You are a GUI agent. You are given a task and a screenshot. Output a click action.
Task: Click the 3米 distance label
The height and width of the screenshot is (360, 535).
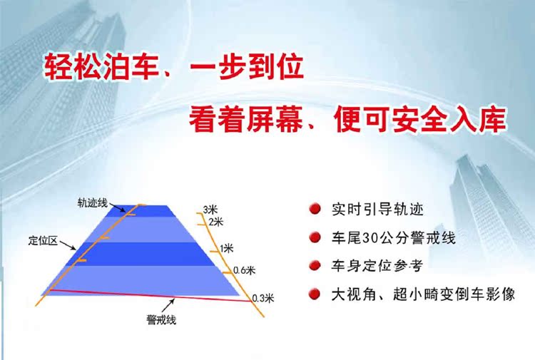210,210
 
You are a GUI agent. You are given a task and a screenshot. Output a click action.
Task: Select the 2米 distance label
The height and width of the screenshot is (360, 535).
215,222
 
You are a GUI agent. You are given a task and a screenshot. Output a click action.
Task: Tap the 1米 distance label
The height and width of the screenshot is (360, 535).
227,248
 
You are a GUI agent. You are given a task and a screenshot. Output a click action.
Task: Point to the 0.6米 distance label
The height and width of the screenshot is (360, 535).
244,270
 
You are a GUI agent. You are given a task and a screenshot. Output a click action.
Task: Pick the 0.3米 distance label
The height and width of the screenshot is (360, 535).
263,298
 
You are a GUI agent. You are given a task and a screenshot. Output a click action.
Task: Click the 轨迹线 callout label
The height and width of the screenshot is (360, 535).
93,203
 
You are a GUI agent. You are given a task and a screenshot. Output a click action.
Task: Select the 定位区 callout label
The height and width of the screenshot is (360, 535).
43,241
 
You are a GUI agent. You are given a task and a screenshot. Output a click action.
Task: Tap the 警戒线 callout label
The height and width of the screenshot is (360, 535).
161,320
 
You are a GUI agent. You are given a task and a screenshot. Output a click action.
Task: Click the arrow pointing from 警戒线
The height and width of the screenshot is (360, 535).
168,305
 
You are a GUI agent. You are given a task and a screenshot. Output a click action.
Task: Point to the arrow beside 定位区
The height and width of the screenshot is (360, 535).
68,245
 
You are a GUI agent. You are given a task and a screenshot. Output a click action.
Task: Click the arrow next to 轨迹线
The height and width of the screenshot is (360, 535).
118,207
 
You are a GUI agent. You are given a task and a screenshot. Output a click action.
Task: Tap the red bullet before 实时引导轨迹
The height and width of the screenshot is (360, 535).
315,209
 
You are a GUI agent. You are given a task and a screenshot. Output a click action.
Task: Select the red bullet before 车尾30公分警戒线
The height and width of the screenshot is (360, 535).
315,237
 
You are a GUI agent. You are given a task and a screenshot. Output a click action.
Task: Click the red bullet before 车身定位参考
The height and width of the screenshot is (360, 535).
315,265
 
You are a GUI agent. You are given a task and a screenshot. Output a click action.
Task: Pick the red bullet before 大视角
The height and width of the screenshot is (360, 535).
315,294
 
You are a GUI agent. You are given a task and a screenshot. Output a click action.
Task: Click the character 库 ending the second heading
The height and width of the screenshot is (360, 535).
492,119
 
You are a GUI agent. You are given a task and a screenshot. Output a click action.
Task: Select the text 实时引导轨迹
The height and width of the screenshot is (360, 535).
377,209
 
